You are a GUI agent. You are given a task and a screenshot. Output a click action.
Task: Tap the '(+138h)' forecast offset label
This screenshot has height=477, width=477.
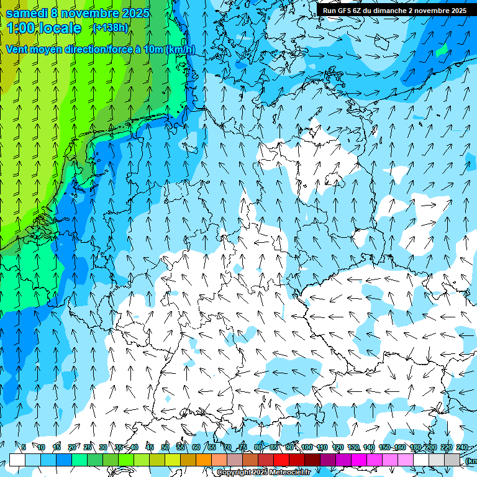pos(110,27)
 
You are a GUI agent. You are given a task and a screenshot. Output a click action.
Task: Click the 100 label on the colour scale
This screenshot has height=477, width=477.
pos(307,448)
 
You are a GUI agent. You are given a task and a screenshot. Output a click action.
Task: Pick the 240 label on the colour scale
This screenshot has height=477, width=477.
pos(462,448)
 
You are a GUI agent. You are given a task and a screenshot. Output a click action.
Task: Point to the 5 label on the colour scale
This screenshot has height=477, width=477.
pos(24,448)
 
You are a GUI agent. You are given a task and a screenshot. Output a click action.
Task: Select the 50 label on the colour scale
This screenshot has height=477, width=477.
pos(165,448)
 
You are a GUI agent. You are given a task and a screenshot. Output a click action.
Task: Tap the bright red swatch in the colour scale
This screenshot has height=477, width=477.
pos(281,460)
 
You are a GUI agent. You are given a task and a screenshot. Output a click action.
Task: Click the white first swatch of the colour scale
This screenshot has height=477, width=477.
pos(17,460)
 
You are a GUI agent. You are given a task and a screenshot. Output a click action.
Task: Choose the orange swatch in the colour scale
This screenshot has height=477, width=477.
pos(204,460)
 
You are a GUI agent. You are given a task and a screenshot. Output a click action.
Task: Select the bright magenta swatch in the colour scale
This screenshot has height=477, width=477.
pos(359,460)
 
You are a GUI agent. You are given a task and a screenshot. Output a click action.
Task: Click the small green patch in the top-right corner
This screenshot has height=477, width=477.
pos(442,51)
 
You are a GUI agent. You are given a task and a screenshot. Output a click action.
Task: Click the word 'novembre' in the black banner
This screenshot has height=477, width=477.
pos(430,11)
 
